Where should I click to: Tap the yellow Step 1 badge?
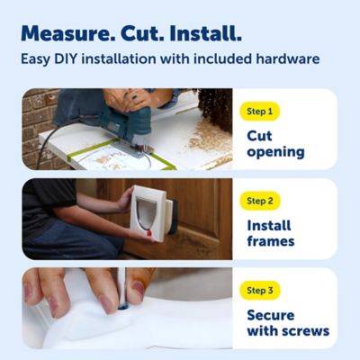coord(262,112)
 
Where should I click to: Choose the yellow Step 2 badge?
coord(263,201)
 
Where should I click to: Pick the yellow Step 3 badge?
coord(263,291)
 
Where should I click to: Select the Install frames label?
coord(271,233)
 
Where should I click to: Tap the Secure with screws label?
coord(288,322)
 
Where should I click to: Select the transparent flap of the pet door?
coord(145,213)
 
